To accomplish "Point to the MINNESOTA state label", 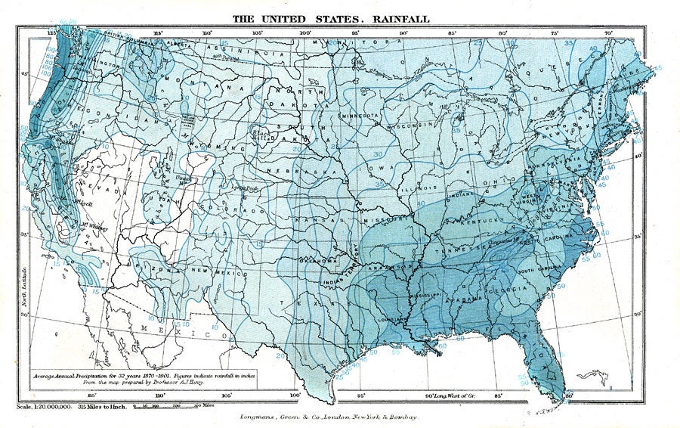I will (360, 116).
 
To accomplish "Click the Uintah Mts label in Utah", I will (181, 178).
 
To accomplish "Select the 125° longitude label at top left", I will (52, 33).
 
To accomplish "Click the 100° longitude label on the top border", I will (306, 33).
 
